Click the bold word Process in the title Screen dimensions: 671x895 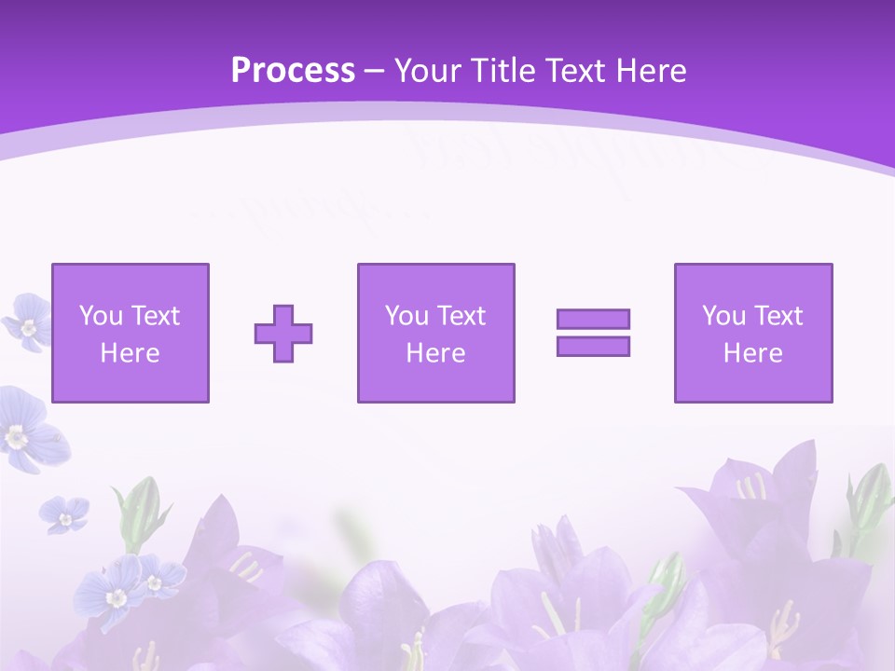coord(293,71)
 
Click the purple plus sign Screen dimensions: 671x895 coord(283,334)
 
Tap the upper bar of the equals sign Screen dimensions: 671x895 coord(593,319)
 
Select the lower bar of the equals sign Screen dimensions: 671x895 coord(593,347)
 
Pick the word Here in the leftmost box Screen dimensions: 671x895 coord(130,353)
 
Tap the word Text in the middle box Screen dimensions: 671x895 coord(461,316)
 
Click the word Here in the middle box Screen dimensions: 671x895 coord(435,353)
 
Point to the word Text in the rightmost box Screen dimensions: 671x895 coord(778,316)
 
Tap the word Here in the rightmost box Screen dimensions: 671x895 coord(752,353)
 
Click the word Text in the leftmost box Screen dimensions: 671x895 coord(155,316)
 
